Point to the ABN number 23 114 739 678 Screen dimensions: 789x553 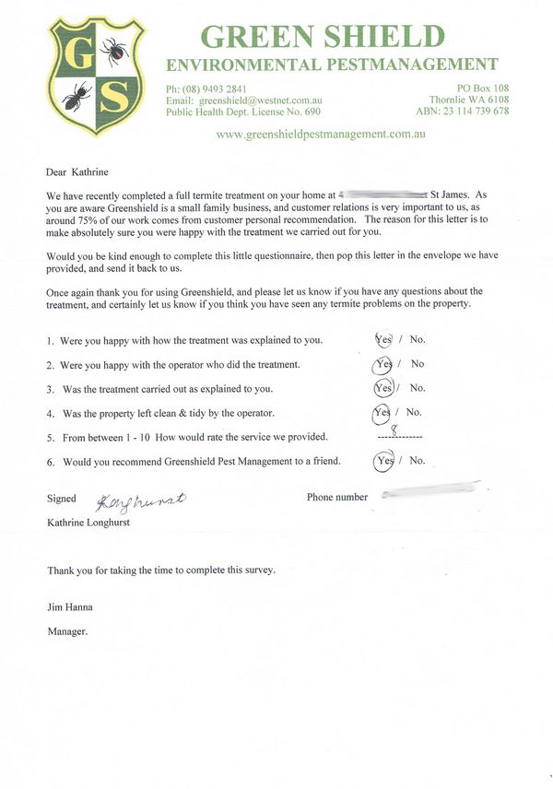476,112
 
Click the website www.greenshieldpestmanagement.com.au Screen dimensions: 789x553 321,134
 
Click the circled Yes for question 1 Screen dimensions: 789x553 383,339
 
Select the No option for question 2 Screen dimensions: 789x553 418,364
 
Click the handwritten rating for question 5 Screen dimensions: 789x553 394,428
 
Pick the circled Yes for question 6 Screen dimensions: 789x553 384,460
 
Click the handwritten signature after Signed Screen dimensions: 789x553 141,500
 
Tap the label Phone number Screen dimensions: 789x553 337,498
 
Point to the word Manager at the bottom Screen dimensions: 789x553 67,631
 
